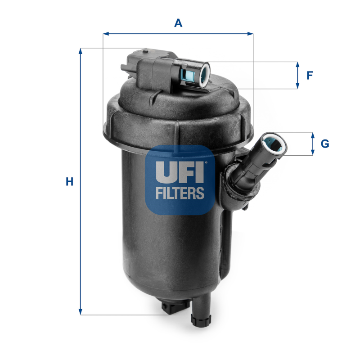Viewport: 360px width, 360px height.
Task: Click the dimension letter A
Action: click(x=179, y=22)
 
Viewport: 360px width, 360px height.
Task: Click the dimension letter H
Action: click(x=69, y=182)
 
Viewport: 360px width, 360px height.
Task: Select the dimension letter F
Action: click(x=310, y=75)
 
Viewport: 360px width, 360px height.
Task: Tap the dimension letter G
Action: click(x=324, y=144)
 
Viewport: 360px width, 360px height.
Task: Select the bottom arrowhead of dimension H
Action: click(x=81, y=311)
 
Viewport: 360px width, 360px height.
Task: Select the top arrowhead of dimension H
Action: click(x=81, y=51)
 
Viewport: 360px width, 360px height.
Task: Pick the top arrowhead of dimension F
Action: click(x=297, y=64)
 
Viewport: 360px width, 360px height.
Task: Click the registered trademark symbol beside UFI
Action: click(x=206, y=163)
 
